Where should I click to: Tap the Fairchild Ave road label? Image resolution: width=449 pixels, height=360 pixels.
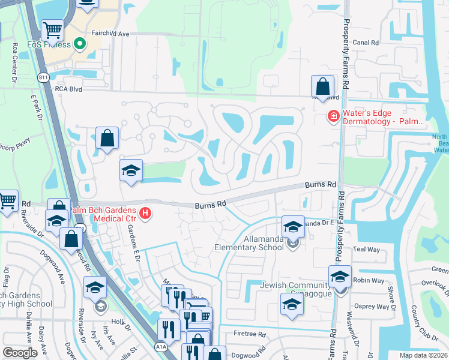(x=110, y=34)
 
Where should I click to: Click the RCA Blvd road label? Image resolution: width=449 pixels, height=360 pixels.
(x=67, y=88)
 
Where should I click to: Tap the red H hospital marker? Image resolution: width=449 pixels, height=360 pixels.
(x=145, y=213)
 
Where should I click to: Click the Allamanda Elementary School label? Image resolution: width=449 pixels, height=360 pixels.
(x=250, y=247)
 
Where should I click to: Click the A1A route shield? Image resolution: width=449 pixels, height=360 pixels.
(x=160, y=346)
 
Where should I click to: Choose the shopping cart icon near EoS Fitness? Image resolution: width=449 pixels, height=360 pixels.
(x=52, y=29)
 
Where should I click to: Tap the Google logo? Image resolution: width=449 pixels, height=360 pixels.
(x=20, y=353)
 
